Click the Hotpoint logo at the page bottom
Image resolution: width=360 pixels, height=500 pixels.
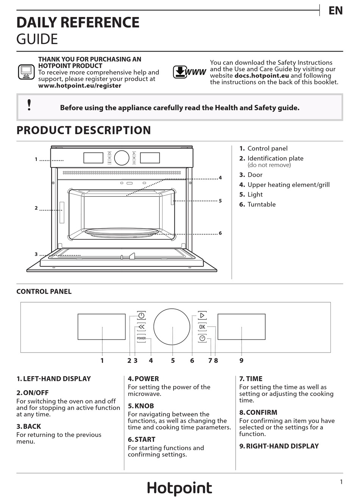click(x=180, y=488)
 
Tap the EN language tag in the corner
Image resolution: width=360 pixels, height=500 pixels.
click(x=335, y=11)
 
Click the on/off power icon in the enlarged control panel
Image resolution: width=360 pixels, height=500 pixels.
click(x=141, y=316)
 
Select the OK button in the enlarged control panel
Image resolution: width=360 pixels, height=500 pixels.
click(x=202, y=327)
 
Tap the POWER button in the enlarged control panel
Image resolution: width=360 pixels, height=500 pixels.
click(x=141, y=338)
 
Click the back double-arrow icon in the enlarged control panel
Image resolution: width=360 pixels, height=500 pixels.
click(x=141, y=327)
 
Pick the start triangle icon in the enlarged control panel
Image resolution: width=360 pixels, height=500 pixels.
click(x=202, y=316)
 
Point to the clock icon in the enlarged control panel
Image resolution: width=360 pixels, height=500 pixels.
click(x=202, y=338)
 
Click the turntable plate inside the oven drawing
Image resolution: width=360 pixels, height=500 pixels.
click(x=122, y=232)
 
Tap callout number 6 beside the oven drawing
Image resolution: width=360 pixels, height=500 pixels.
click(x=220, y=233)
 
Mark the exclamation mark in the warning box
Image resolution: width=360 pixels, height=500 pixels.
click(x=29, y=105)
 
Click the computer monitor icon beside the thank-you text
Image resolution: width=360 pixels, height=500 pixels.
click(x=27, y=72)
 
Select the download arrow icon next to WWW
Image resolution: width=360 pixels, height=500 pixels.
click(x=180, y=72)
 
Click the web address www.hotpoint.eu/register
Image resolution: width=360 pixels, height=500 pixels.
click(x=80, y=86)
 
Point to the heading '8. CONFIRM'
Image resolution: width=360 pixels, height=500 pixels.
click(x=258, y=412)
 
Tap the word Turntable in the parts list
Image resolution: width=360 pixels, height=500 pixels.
click(x=261, y=205)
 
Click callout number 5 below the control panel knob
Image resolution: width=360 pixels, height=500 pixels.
click(x=173, y=361)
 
